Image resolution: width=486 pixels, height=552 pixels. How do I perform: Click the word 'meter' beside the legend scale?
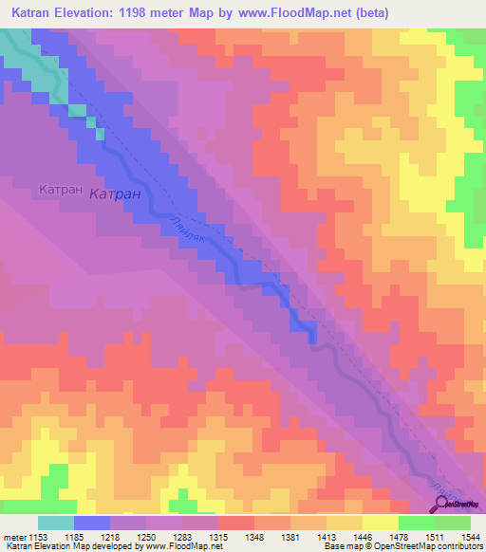coord(15,538)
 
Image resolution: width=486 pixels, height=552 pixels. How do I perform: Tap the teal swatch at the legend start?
coord(55,523)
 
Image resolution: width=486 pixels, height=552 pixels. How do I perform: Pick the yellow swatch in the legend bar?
coord(380,523)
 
